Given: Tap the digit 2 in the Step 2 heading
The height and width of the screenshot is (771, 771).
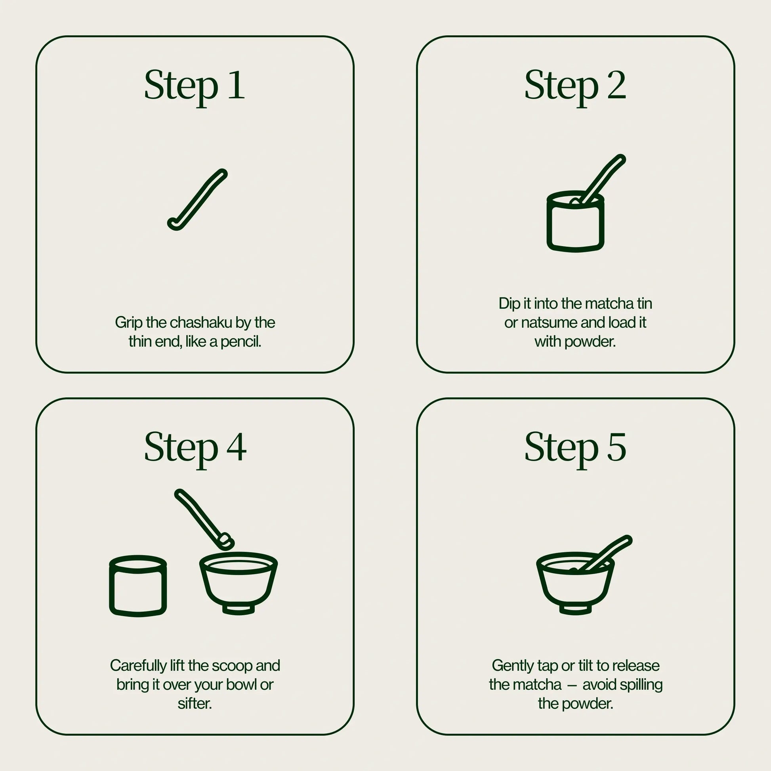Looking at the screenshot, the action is point(616,85).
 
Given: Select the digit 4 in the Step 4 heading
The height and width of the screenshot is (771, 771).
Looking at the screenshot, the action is point(237,447).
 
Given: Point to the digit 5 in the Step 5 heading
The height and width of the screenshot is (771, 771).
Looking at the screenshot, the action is point(616,447).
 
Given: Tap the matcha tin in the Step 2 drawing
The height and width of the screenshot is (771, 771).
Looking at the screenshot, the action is point(575,222).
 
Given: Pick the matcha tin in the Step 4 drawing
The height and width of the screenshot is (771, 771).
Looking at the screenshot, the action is point(138,586).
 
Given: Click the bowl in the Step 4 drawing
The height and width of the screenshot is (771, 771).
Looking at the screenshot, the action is point(238,583).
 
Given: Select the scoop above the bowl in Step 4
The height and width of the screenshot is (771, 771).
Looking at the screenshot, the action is point(204,519).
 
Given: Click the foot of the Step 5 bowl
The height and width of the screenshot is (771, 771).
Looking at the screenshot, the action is point(575,609).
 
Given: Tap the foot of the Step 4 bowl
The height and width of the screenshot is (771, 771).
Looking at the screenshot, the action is point(238,609).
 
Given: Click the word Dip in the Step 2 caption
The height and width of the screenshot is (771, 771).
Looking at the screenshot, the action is point(510,304).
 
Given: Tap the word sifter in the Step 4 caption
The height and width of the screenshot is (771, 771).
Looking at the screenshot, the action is point(195,703).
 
